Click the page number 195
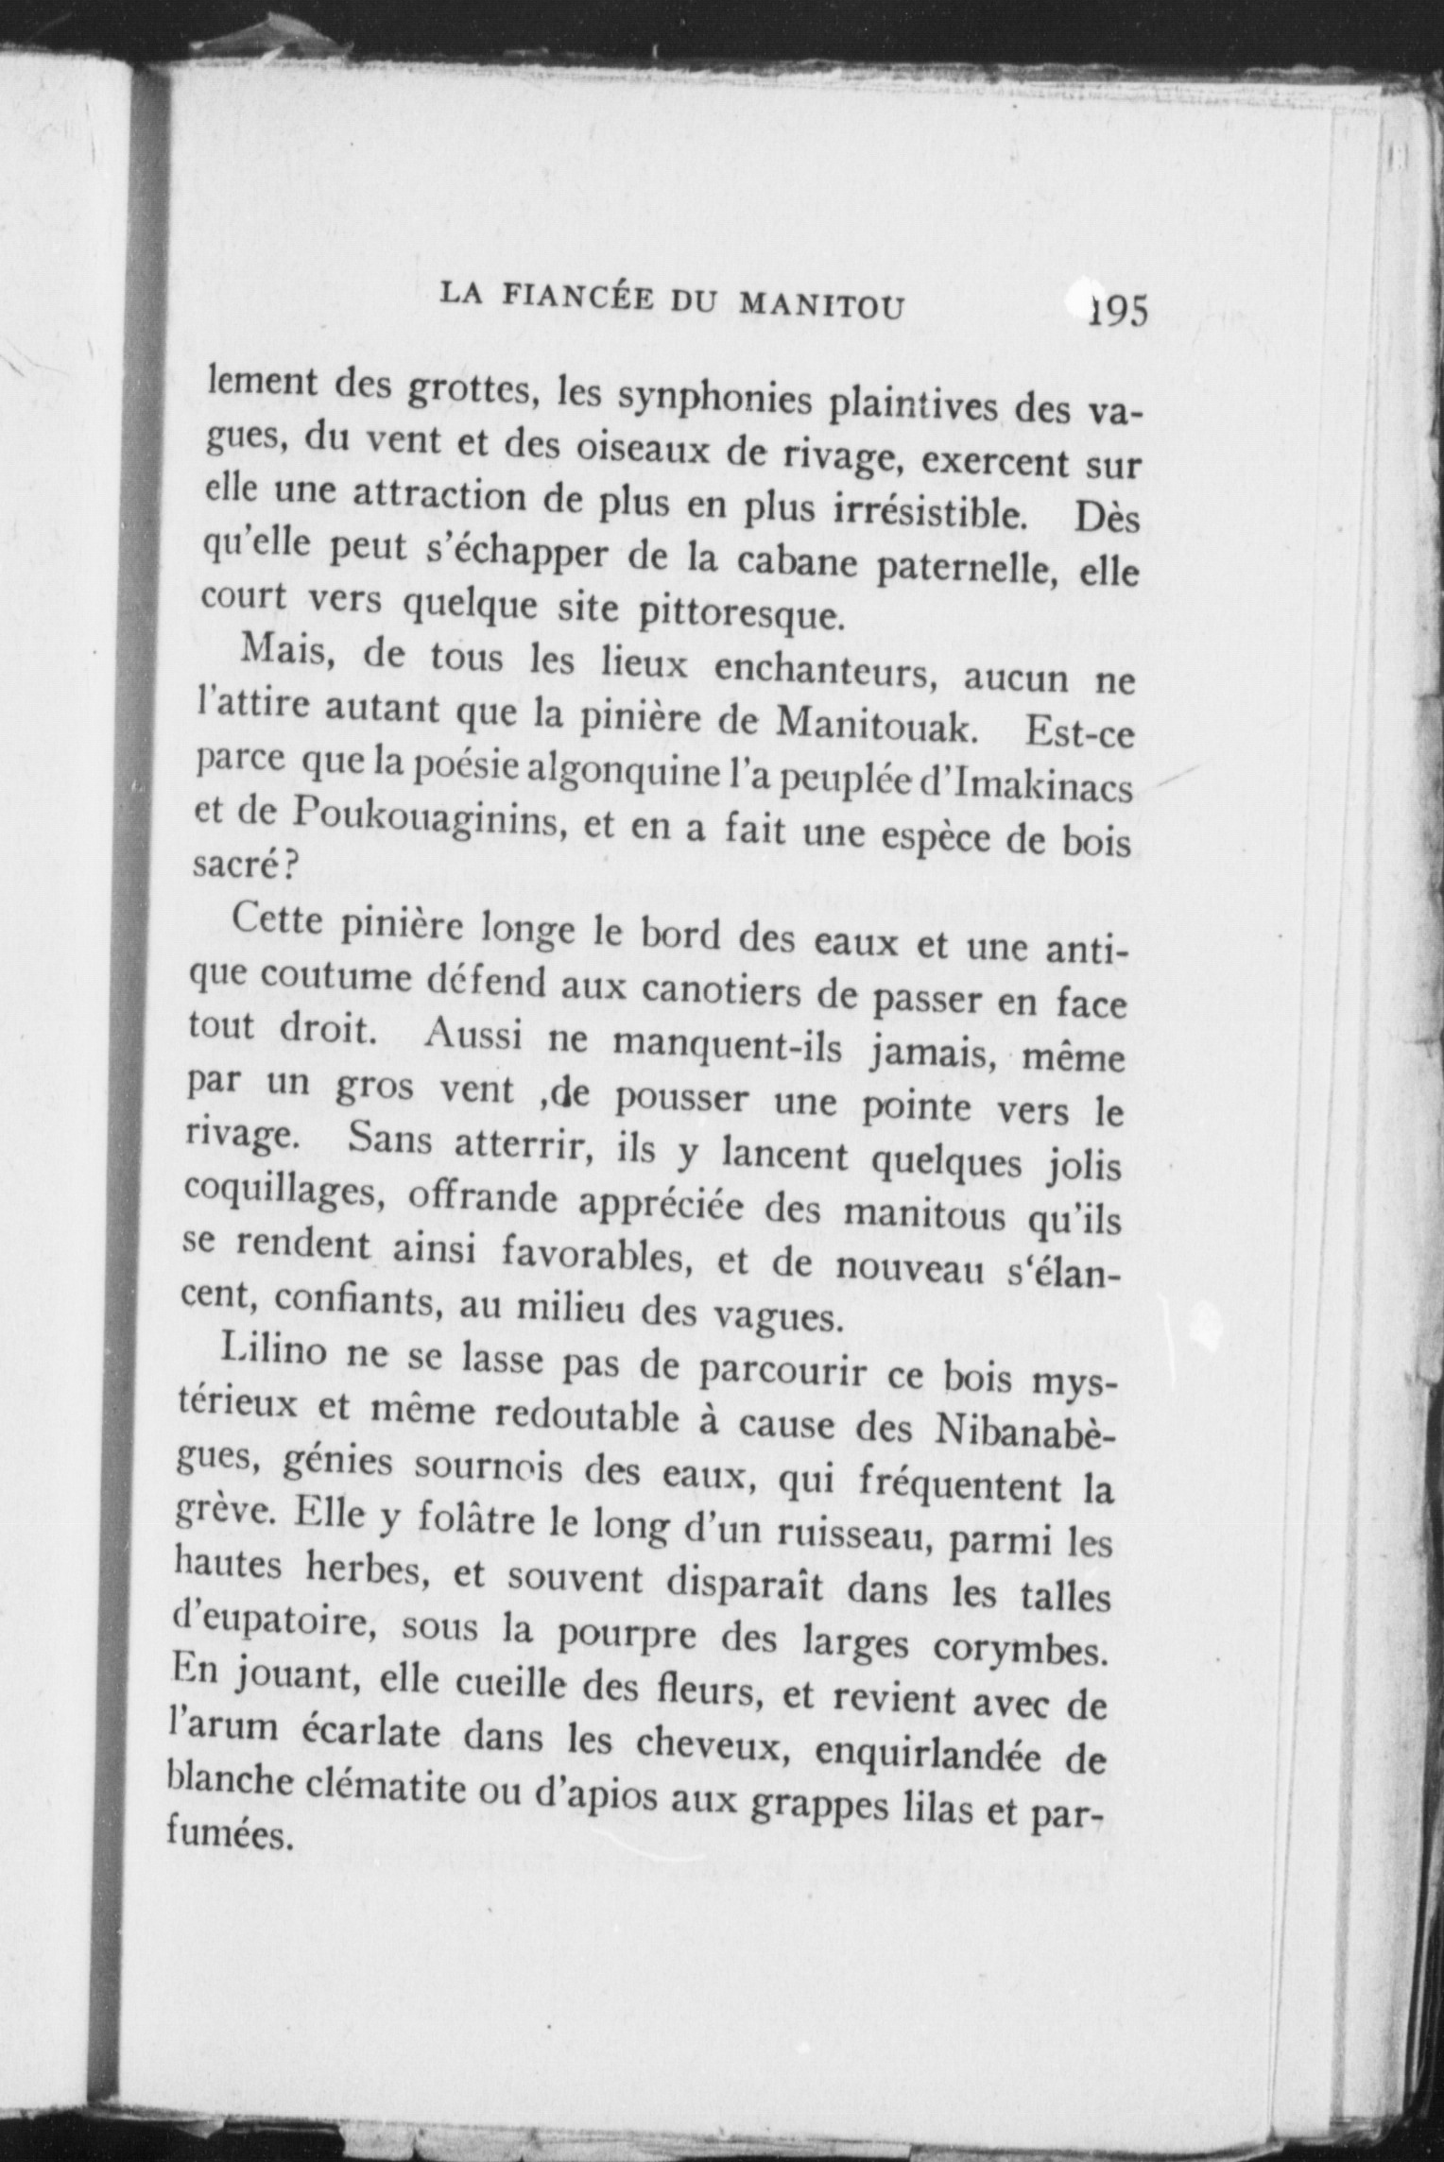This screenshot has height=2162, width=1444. point(1119,311)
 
